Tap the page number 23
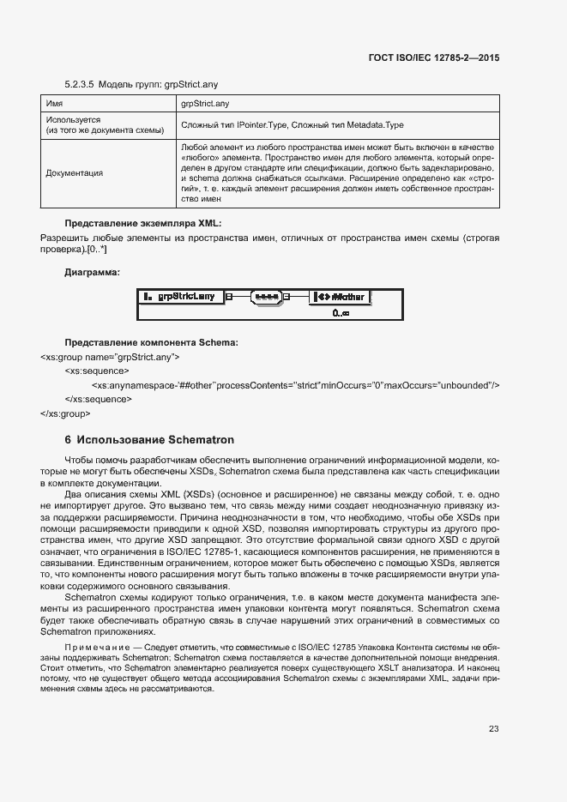tap(493, 729)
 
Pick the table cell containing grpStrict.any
tap(204, 103)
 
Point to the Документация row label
tap(74, 173)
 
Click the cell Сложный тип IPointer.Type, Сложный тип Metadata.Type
tap(292, 125)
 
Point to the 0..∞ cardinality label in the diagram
tap(341, 314)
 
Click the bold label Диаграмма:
tap(93, 272)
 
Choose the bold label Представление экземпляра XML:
tap(142, 223)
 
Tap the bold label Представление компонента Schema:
tap(151, 343)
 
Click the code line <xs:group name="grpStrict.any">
tap(109, 356)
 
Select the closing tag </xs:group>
tap(64, 413)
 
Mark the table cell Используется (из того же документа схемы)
tap(105, 125)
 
